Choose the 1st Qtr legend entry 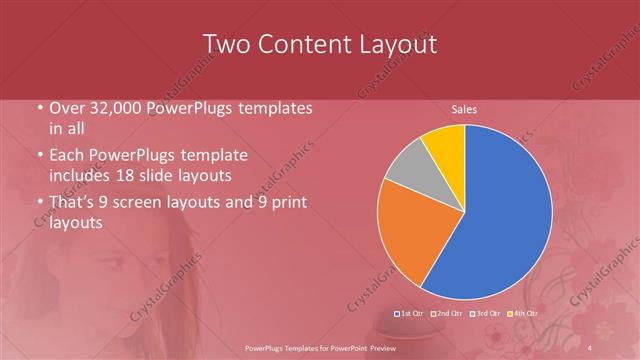[411, 314]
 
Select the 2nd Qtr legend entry [447, 314]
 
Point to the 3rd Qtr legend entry [485, 314]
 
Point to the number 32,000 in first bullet [113, 108]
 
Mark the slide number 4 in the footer [591, 346]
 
